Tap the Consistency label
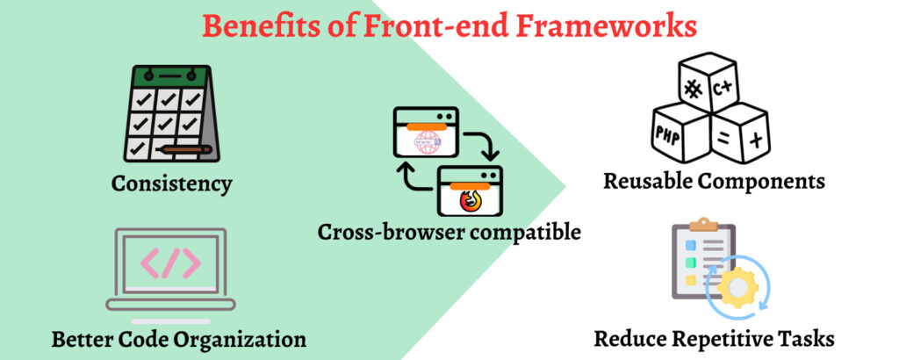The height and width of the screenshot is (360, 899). (x=172, y=184)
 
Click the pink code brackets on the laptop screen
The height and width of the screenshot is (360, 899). (x=171, y=263)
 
